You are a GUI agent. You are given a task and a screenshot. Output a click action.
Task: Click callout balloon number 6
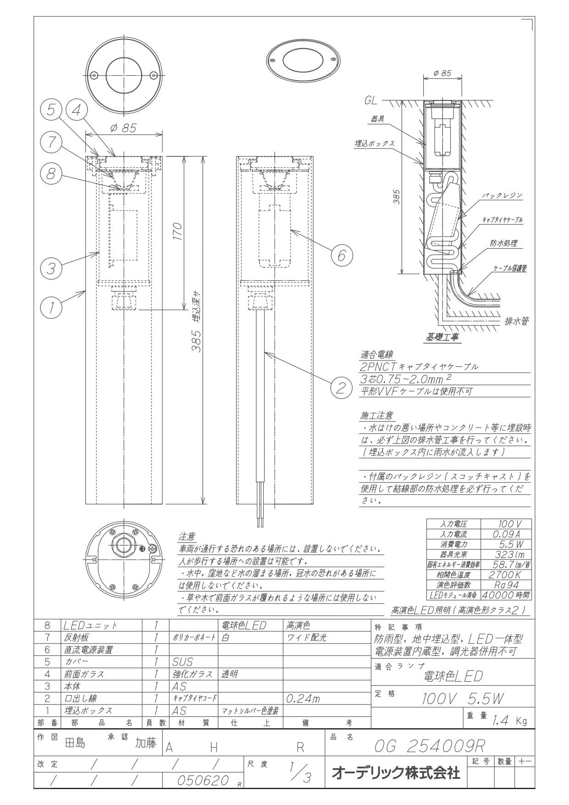[342, 255]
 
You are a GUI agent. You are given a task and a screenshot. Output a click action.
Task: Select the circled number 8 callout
[51, 173]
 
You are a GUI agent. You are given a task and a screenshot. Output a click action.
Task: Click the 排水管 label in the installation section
[516, 321]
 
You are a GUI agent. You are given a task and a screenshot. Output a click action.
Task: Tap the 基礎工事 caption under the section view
[442, 338]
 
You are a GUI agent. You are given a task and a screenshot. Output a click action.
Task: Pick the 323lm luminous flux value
[505, 555]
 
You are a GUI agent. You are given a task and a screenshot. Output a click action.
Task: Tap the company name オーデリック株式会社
[396, 773]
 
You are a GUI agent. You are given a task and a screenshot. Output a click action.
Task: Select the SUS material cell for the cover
[182, 662]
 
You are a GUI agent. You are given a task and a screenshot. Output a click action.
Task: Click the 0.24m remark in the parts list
[302, 699]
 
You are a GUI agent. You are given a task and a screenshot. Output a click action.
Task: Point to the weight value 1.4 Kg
[509, 721]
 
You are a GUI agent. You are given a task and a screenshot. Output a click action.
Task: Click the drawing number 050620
[203, 780]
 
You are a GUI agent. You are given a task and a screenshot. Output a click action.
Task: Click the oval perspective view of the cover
[304, 60]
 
